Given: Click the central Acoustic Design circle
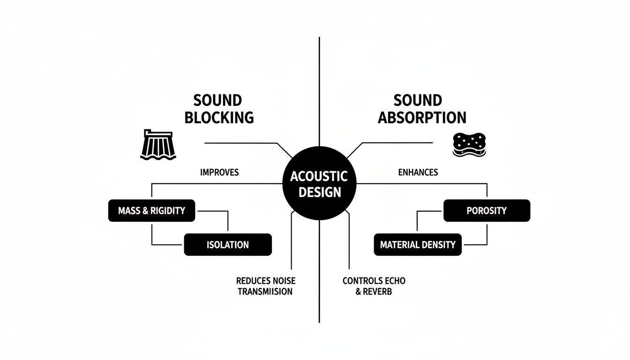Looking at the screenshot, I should (x=319, y=184).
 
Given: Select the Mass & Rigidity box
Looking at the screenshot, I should (x=151, y=211).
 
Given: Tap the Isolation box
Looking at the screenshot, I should (x=228, y=245).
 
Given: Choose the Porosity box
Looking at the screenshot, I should (x=487, y=211).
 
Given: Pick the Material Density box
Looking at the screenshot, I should (x=418, y=245).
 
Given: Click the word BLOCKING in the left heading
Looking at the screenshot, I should (x=219, y=117).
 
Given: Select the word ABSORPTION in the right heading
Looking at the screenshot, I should (x=422, y=117).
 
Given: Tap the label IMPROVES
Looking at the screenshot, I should (x=219, y=172).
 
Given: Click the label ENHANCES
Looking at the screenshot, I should (x=418, y=172).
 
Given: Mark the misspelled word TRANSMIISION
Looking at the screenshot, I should (x=265, y=292).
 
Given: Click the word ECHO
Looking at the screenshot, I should (x=394, y=281).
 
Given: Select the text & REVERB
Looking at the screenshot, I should (x=374, y=292).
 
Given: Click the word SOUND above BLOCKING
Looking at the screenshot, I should (x=217, y=100).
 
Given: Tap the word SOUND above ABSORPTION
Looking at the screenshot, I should (x=418, y=100).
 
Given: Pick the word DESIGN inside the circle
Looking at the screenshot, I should (x=319, y=192).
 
